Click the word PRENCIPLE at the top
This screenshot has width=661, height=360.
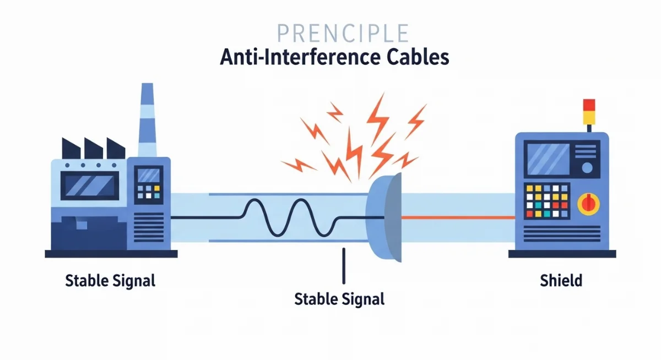pos(343,33)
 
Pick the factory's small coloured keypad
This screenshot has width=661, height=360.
pos(149,192)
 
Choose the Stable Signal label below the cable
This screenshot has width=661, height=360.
pos(339,299)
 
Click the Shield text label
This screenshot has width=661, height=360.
pos(561,280)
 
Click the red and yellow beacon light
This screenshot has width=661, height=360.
pos(589,112)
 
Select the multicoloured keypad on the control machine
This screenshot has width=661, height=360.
pos(547,201)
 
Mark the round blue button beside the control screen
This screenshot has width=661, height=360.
pos(587,167)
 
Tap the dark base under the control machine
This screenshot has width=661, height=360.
pos(562,254)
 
